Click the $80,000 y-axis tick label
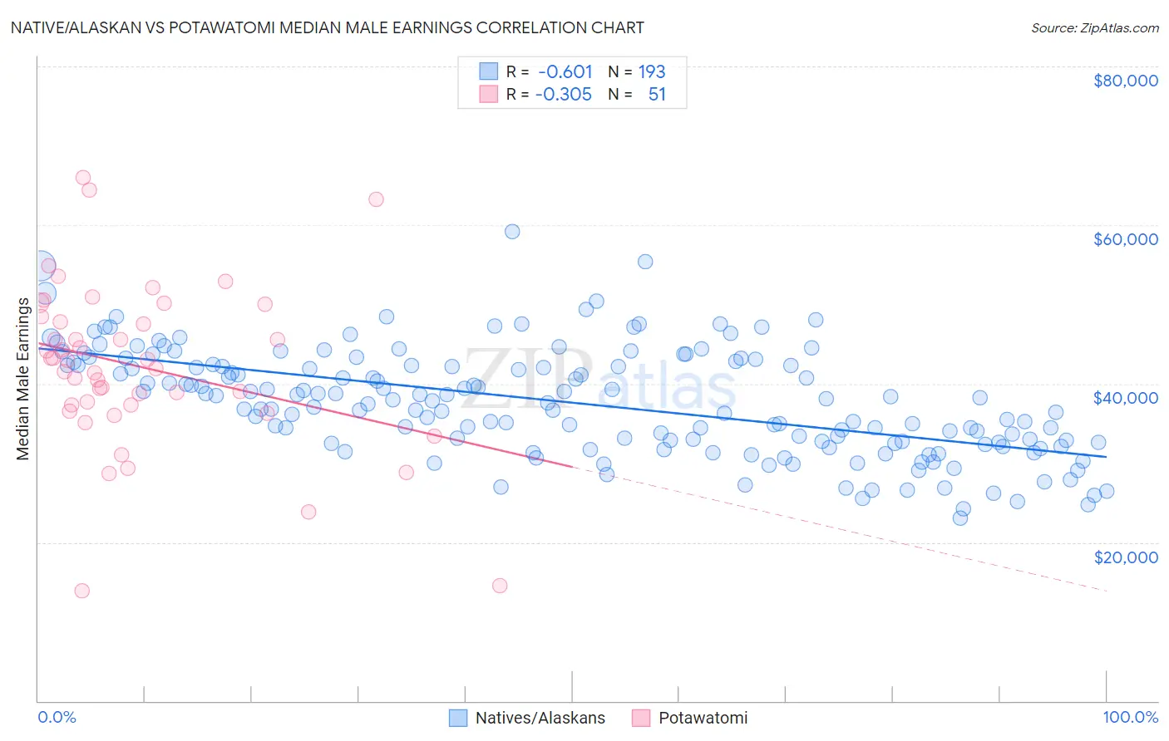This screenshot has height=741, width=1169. pyautogui.click(x=1125, y=81)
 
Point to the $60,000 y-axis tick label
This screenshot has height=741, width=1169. pyautogui.click(x=1125, y=239)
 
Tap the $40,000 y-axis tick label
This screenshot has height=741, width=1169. pyautogui.click(x=1125, y=398)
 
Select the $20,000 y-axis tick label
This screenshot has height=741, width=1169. pyautogui.click(x=1125, y=557)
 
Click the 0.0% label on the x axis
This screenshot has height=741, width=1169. pyautogui.click(x=57, y=718)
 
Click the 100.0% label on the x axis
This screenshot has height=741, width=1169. pyautogui.click(x=1130, y=718)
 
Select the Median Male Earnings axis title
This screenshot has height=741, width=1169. pyautogui.click(x=23, y=378)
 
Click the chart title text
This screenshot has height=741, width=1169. pyautogui.click(x=328, y=27)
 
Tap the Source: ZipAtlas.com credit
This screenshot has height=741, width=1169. pyautogui.click(x=1094, y=27)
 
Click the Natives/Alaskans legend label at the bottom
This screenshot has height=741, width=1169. pyautogui.click(x=540, y=718)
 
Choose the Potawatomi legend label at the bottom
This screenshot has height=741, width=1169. pyautogui.click(x=703, y=718)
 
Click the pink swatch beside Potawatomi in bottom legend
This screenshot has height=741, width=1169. pyautogui.click(x=641, y=718)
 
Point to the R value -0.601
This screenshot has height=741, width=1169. pyautogui.click(x=565, y=72)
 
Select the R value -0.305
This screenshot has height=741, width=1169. pyautogui.click(x=563, y=95)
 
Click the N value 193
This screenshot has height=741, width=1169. pyautogui.click(x=652, y=72)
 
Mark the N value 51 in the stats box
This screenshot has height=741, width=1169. pyautogui.click(x=657, y=95)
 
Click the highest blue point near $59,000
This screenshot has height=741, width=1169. pyautogui.click(x=512, y=232)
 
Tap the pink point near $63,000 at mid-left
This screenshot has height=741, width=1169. pyautogui.click(x=376, y=199)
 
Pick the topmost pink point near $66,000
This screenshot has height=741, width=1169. pyautogui.click(x=83, y=177)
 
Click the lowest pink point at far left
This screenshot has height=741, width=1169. pyautogui.click(x=81, y=591)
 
